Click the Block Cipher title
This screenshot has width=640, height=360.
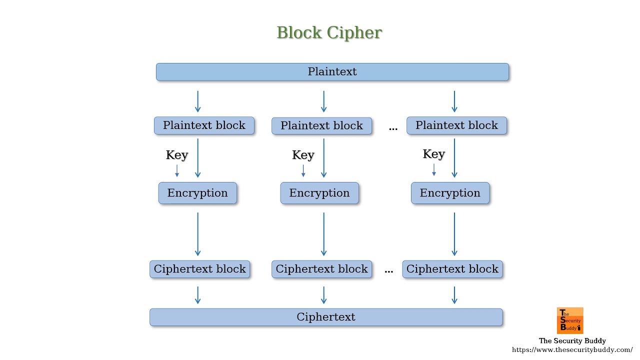[329, 32]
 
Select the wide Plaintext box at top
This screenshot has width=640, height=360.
[332, 71]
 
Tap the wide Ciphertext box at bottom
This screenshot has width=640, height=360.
[326, 317]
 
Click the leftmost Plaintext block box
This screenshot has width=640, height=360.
[204, 125]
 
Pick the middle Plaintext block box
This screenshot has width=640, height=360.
[321, 126]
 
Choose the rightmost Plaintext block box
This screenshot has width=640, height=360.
[456, 125]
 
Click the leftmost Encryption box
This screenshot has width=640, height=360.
[197, 193]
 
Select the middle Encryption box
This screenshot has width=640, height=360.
[319, 193]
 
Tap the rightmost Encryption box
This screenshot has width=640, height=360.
[450, 193]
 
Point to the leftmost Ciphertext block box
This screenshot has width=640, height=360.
[199, 269]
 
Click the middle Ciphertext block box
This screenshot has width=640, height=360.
[321, 269]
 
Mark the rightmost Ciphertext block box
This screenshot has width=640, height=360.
[452, 269]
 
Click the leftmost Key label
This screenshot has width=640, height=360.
[176, 155]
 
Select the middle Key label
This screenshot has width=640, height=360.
[303, 155]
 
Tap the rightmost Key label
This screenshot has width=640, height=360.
[433, 154]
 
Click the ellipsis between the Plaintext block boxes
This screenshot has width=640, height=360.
[393, 128]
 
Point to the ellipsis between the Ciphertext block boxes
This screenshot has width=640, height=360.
[389, 271]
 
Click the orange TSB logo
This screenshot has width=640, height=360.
[570, 320]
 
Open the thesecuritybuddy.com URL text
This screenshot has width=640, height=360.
[572, 350]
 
